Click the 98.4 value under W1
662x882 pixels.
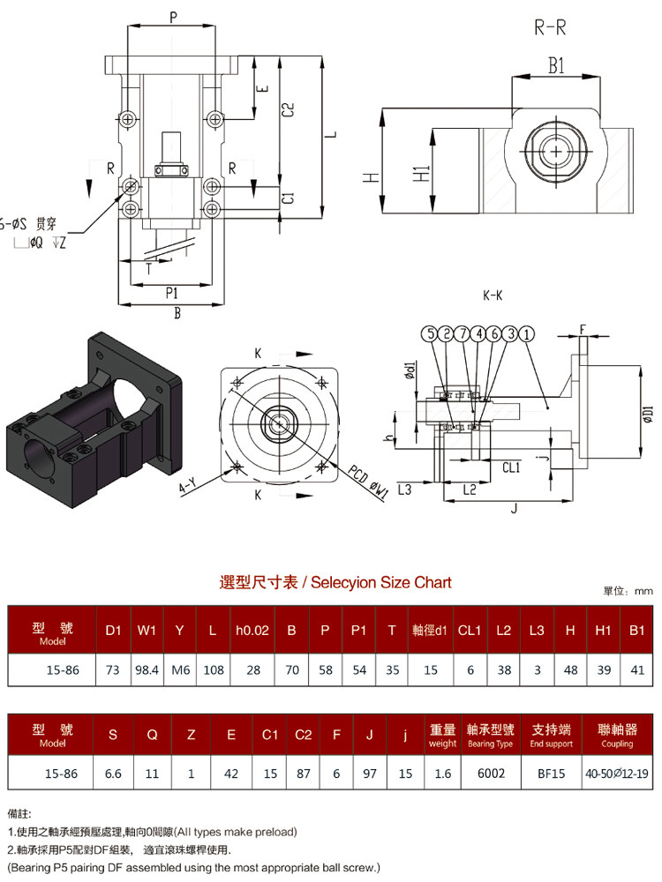[147, 670]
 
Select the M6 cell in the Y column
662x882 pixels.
[180, 670]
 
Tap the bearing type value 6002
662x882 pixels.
[491, 774]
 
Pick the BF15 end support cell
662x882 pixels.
[551, 774]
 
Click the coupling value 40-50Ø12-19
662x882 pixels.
[617, 774]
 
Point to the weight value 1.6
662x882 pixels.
[442, 774]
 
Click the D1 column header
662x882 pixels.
[113, 631]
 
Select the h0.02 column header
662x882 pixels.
[252, 631]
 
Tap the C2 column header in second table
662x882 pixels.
[303, 735]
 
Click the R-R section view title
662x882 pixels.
[550, 27]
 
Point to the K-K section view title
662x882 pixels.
[493, 295]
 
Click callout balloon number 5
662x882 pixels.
[430, 334]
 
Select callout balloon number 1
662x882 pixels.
[526, 334]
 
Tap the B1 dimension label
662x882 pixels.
[556, 66]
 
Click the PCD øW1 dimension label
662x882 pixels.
[367, 482]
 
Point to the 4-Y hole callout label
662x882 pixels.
[187, 485]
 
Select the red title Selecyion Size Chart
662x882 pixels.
[335, 582]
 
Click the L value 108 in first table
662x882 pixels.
[214, 670]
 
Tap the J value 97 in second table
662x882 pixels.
[370, 774]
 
